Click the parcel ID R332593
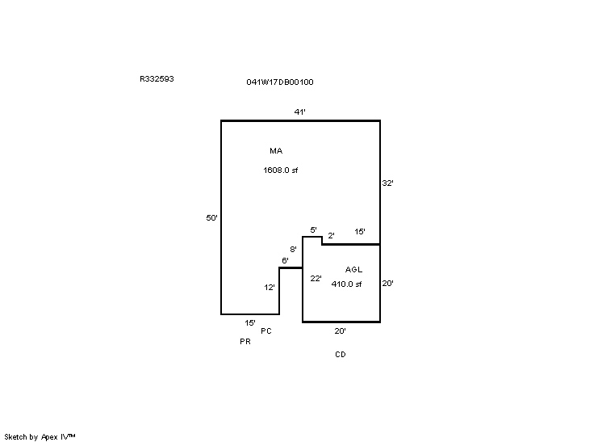pos(157,79)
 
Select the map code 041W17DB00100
pos(280,82)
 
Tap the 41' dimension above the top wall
pos(300,112)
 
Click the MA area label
pos(276,150)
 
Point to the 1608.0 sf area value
pos(281,170)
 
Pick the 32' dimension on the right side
pos(388,183)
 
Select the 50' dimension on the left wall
pos(212,218)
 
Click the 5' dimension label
pos(314,229)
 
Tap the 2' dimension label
pos(332,235)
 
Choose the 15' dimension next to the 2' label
pos(360,231)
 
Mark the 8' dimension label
pos(293,250)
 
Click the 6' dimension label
pos(285,260)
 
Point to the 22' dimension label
pos(316,278)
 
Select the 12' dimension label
pos(270,288)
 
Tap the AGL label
pos(353,269)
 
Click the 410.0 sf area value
pos(346,284)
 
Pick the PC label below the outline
pos(266,331)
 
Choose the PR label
pos(245,341)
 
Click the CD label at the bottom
pos(341,355)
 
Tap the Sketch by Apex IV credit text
pos(40,437)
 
